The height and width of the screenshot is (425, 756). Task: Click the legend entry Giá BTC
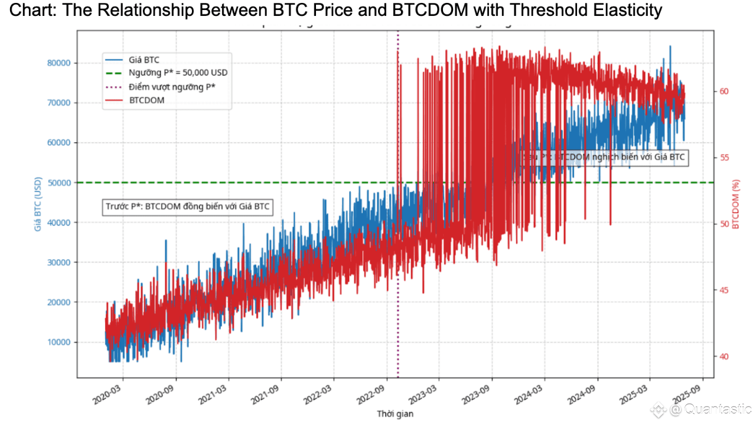point(144,60)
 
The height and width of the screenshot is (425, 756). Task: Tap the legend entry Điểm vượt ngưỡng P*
point(172,87)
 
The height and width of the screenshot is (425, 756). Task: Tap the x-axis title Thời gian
point(395,414)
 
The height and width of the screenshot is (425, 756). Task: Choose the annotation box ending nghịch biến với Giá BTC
point(605,158)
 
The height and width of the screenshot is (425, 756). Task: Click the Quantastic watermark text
point(718,409)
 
